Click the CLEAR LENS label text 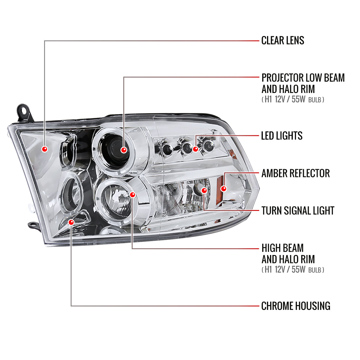click(283, 40)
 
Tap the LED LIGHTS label click(282, 136)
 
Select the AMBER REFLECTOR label click(295, 173)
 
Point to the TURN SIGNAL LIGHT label click(298, 211)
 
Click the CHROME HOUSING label click(295, 306)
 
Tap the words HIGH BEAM click(282, 248)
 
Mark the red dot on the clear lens click(45, 149)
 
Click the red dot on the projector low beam click(124, 150)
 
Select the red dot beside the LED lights click(196, 149)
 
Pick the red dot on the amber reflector click(223, 189)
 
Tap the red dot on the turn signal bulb click(204, 190)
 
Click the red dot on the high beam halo click(133, 195)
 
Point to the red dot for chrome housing click(71, 222)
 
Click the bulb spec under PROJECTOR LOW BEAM click(293, 100)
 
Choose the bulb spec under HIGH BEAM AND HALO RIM click(293, 270)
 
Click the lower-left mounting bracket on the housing click(34, 225)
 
